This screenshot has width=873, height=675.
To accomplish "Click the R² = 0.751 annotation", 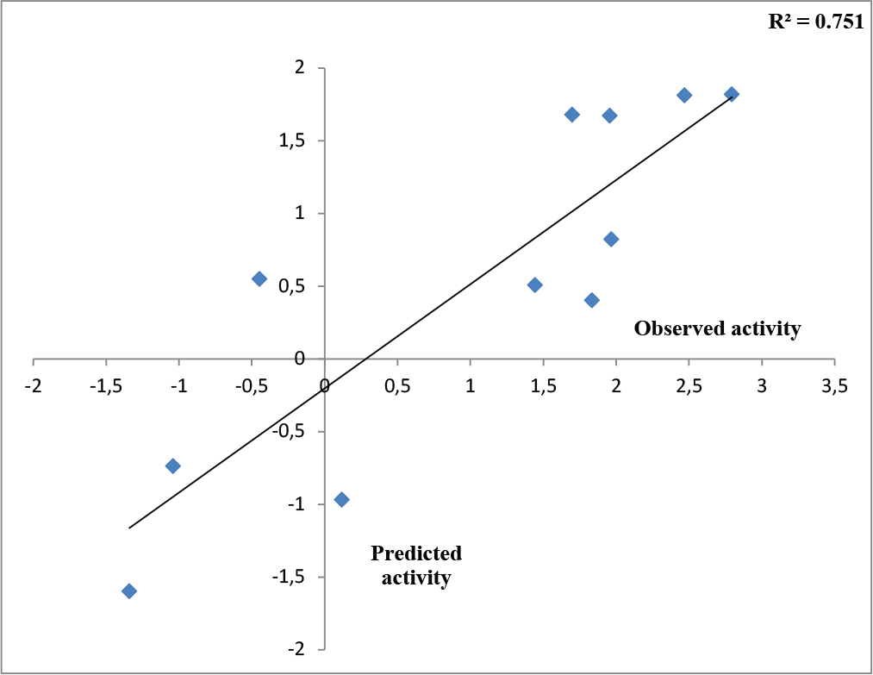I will click(815, 22).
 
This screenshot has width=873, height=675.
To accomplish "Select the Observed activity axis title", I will click(717, 328).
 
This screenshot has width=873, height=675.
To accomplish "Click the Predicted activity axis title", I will click(416, 566).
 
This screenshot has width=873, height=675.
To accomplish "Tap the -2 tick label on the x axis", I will click(34, 386).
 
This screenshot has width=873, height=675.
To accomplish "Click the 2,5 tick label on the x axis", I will click(689, 386).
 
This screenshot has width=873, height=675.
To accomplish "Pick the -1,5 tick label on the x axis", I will click(107, 386).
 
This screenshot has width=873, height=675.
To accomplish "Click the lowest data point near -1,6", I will click(129, 591).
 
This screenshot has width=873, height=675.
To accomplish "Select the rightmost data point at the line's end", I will click(732, 94).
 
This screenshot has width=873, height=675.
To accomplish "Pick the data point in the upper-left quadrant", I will click(259, 278).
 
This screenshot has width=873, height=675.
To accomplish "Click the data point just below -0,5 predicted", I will click(172, 466).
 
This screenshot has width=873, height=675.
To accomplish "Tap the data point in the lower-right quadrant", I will click(341, 499).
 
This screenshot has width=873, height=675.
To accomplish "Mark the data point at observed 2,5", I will click(684, 95).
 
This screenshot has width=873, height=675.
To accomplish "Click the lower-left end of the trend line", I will click(129, 528).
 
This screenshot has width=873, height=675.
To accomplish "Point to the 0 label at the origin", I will click(325, 386).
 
